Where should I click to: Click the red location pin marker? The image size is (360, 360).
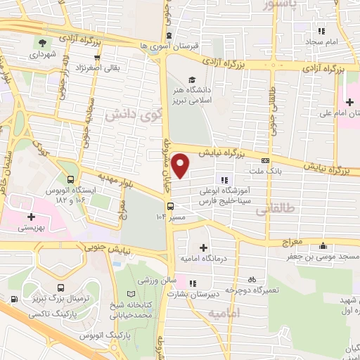tap(181, 166)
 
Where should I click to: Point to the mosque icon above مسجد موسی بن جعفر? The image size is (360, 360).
tap(323, 246)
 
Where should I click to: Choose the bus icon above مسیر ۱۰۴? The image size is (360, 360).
tap(170, 206)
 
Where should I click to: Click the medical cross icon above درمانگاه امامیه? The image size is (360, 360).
tap(204, 247)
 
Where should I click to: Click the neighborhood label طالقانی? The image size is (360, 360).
tap(271, 210)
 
